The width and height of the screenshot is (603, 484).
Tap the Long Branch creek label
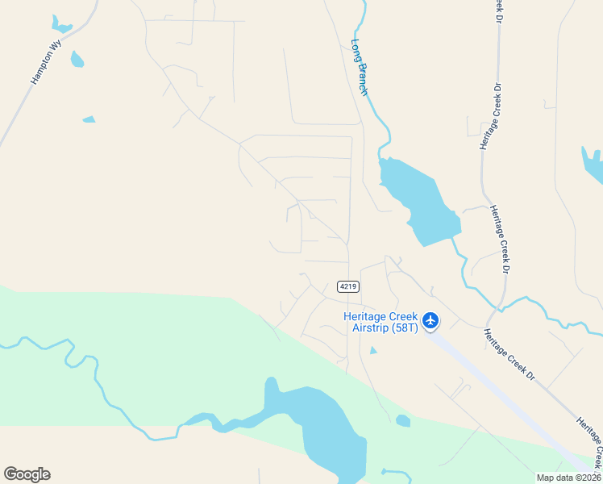tap(360, 68)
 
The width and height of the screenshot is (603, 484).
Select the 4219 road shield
tap(348, 286)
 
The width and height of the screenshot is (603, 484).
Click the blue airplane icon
tap(430, 320)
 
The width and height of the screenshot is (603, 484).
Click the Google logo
tap(27, 474)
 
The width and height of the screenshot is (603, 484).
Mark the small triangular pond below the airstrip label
tap(372, 350)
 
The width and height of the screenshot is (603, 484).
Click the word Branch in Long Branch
tap(362, 79)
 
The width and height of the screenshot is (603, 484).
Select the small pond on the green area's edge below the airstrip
tap(403, 420)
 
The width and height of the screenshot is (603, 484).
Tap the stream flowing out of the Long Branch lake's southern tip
tap(462, 258)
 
